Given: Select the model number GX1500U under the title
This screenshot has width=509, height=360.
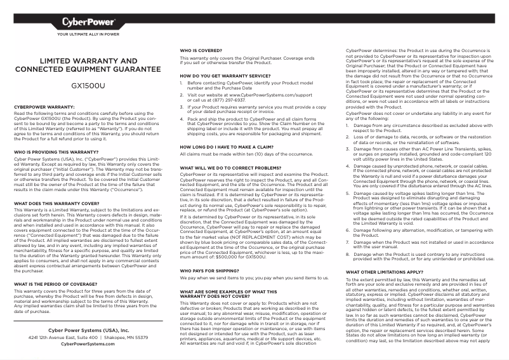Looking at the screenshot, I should pos(89,83).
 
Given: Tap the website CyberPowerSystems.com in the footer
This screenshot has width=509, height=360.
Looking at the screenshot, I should pos(88,343).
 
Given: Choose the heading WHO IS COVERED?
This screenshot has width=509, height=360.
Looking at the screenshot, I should pos(201,50).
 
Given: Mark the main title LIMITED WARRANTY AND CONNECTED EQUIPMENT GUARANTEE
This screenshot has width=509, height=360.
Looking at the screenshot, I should pos(89,64).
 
